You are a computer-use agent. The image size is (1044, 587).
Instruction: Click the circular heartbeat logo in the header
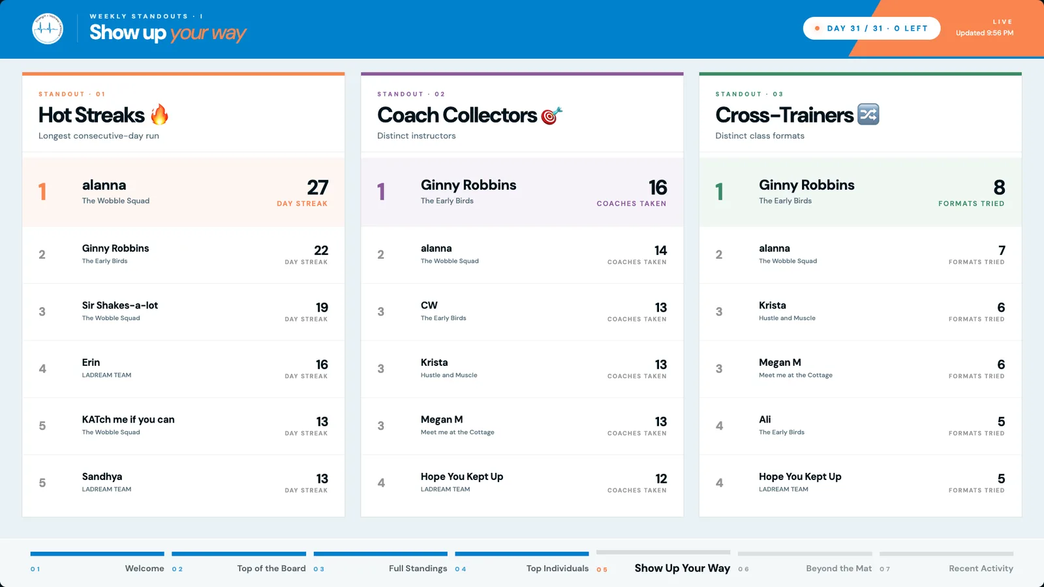pos(48,29)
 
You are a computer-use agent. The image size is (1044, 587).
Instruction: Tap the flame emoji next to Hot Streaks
pos(159,115)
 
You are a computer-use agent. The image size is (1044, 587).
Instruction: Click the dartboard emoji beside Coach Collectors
pos(551,115)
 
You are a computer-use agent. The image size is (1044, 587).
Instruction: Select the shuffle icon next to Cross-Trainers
pos(868,115)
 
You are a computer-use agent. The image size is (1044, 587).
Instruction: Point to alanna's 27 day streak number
pos(317,187)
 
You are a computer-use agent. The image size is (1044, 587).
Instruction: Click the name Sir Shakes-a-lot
pos(120,305)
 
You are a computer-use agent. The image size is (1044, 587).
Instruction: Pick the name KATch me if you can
pos(128,419)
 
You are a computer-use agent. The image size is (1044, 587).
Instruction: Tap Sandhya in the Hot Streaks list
pos(102,477)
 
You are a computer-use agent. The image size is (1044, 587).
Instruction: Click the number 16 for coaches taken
pos(658,187)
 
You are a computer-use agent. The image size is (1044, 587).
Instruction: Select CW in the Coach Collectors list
pos(429,305)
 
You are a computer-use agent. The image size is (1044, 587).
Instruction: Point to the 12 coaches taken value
pos(661,479)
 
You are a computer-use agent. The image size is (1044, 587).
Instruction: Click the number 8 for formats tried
pos(999,187)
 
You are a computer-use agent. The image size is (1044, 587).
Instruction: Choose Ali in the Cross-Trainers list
pos(765,419)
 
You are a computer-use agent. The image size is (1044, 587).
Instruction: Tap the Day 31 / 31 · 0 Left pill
pos(872,29)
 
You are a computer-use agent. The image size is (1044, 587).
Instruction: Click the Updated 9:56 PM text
pos(985,33)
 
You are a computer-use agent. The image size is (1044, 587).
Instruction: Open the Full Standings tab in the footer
pos(418,568)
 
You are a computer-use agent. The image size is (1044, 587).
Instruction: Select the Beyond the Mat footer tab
pos(839,568)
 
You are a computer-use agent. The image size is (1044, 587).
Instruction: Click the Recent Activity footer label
pos(981,568)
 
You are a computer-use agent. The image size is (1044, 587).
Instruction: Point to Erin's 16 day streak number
pos(322,365)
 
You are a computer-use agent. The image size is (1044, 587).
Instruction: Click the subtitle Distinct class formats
pos(760,136)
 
